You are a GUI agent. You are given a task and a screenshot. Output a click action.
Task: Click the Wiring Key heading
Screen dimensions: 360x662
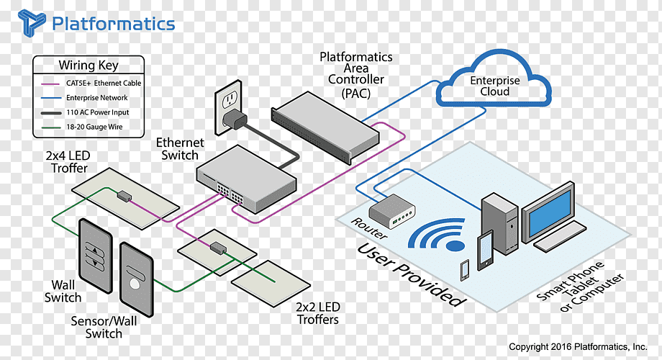88,65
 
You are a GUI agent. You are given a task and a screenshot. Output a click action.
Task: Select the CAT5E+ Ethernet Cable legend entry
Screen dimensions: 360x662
104,83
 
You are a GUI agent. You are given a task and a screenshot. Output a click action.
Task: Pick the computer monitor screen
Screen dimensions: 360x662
548,212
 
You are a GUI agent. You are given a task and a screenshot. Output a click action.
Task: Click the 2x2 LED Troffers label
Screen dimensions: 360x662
317,313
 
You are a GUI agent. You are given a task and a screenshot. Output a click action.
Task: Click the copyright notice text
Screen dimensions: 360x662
579,347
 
